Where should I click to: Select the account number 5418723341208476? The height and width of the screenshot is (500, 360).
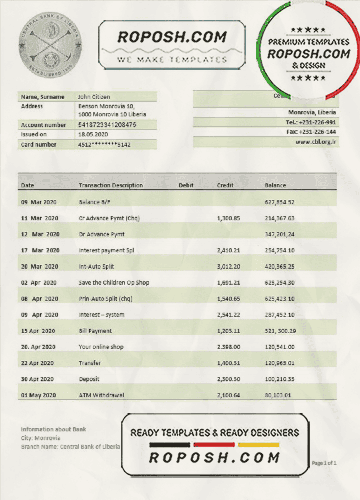[107, 125]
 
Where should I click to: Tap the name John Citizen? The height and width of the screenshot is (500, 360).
[94, 97]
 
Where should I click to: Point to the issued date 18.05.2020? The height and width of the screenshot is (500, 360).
[92, 135]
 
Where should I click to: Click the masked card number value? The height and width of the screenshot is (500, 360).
[104, 145]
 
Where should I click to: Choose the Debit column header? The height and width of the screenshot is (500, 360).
[186, 185]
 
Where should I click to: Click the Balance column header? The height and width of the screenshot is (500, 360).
[275, 185]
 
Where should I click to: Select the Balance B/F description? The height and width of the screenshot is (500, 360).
[95, 202]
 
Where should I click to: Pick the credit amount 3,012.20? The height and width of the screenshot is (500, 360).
[229, 266]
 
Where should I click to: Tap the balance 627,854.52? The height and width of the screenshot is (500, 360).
[279, 202]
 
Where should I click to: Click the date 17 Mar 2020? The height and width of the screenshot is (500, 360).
[40, 250]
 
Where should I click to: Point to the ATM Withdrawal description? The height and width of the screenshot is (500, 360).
[102, 395]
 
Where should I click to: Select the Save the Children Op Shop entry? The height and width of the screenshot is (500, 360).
[114, 283]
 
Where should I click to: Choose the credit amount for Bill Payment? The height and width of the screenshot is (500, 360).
[229, 331]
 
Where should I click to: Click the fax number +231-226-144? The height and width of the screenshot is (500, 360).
[317, 132]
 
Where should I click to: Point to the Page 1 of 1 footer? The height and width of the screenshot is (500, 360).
[324, 463]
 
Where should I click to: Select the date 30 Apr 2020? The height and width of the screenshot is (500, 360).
[37, 379]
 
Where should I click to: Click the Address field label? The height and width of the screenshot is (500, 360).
[32, 106]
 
